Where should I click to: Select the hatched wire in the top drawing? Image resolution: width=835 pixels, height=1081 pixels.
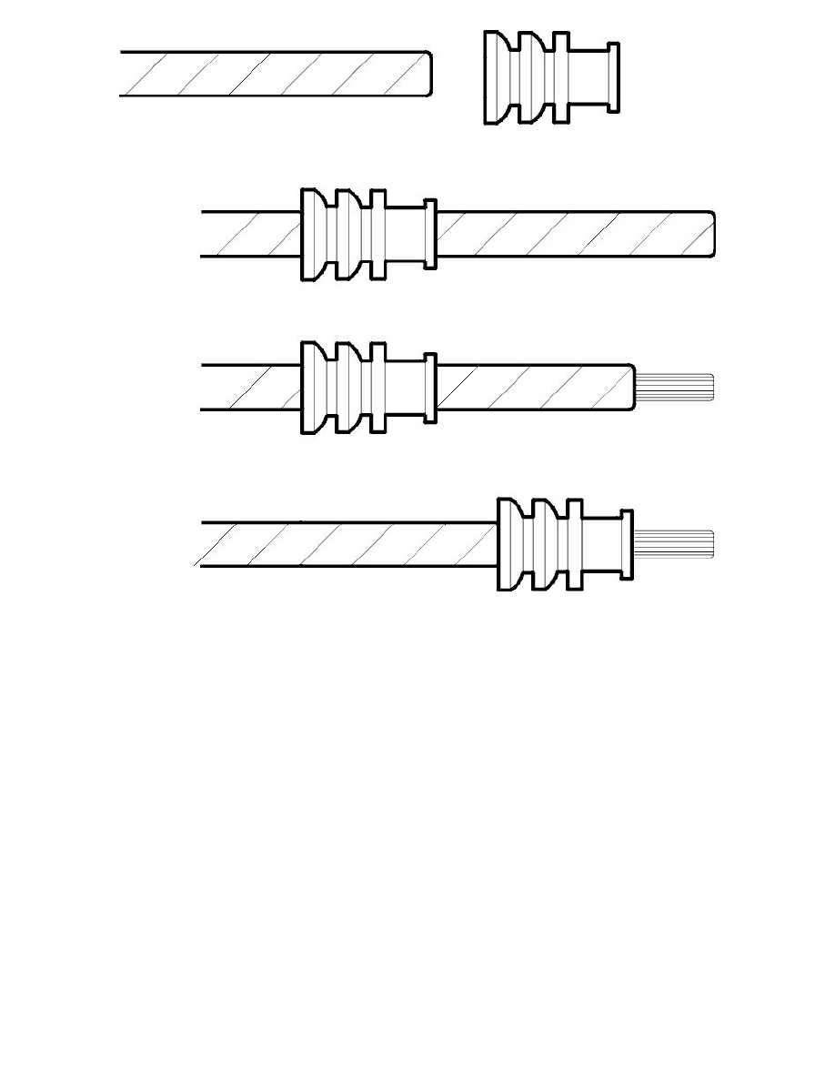[x=273, y=74]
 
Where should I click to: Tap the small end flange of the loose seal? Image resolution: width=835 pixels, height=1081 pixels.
[x=614, y=77]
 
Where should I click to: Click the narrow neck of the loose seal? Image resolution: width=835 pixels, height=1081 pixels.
[x=588, y=77]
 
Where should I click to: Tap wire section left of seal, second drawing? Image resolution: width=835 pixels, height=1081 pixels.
[x=250, y=234]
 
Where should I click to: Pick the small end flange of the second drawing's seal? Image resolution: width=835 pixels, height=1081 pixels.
[x=430, y=234]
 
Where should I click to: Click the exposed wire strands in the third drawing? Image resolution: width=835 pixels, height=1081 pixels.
[x=677, y=388]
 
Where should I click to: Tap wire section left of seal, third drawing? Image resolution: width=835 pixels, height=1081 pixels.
[x=250, y=388]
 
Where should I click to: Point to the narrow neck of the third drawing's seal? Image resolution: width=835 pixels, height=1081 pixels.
[x=406, y=388]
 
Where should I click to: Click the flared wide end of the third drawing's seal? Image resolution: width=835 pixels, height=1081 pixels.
[x=314, y=388]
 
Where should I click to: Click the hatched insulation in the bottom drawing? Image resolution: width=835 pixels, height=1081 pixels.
[x=346, y=544]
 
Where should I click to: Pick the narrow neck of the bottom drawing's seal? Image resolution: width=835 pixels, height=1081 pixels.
[x=601, y=544]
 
